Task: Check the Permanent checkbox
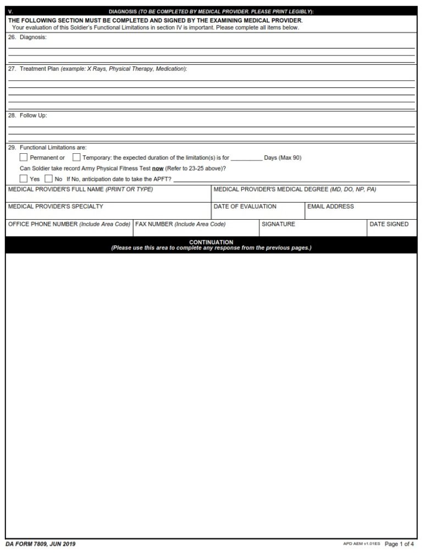pos(23,158)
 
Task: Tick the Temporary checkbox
pos(76,158)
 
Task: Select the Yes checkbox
pos(23,178)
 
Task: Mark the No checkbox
pos(48,178)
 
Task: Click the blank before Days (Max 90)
pos(246,158)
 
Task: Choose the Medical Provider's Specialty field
pos(109,213)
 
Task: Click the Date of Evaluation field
pos(258,213)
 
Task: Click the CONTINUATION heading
pos(211,242)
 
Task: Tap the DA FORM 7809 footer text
pos(42,544)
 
